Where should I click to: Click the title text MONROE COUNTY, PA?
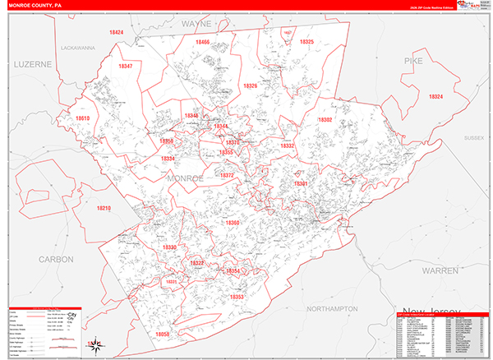(36, 6)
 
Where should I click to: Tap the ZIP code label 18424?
(116, 32)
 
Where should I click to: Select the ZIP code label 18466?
(202, 41)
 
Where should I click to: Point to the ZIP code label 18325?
(306, 41)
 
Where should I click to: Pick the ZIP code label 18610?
(82, 118)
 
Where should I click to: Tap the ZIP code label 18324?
(435, 97)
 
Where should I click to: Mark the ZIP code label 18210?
(103, 209)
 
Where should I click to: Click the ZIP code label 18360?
(233, 223)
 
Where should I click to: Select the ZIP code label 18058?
(162, 334)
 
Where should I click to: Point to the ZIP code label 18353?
(237, 297)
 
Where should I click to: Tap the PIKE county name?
(412, 62)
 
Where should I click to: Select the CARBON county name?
(55, 259)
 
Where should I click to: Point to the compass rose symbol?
(96, 344)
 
